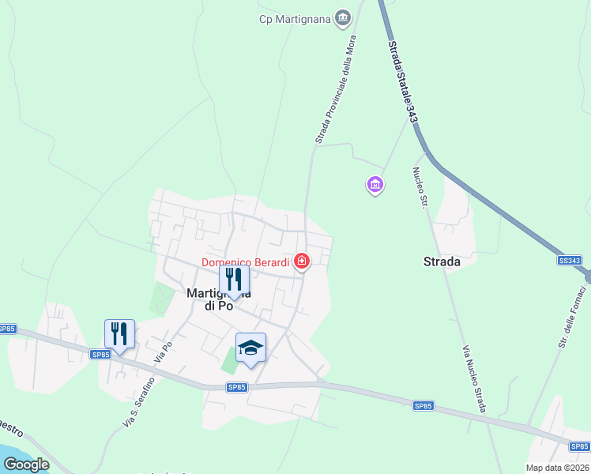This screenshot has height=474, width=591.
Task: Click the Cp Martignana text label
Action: (295, 19)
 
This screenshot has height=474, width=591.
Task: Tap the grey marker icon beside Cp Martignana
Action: (343, 17)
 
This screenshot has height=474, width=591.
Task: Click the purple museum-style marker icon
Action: (375, 186)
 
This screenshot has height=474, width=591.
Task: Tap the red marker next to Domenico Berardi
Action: (301, 260)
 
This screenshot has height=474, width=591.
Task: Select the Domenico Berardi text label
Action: (246, 262)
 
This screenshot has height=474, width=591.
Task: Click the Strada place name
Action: (442, 262)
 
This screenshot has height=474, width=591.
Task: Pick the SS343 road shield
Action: (569, 261)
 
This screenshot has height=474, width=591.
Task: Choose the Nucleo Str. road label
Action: (420, 187)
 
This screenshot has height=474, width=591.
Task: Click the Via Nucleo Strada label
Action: (473, 378)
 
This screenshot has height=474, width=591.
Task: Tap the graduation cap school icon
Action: (251, 348)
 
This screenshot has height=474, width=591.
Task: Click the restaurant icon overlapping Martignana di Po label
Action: (234, 279)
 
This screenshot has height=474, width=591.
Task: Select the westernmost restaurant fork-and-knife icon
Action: (119, 333)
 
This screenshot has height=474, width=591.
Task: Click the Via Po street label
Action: (164, 352)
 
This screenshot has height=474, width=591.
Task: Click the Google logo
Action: (26, 465)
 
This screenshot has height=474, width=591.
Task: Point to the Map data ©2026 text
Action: (558, 468)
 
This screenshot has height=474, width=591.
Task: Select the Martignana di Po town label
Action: (207, 299)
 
